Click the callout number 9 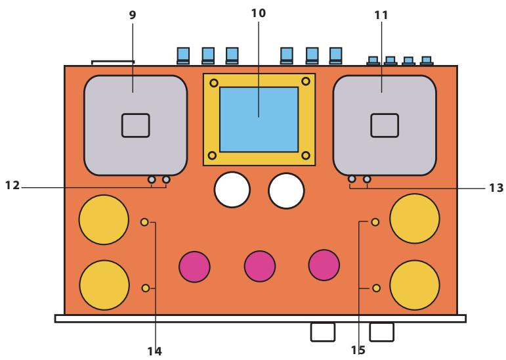pos(133,15)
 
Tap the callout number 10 pos(259,13)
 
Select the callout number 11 pos(381,15)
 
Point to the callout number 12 pos(12,185)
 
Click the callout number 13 pos(496,188)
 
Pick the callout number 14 pos(155,351)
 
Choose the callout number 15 pos(358,350)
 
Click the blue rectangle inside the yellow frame pos(259,120)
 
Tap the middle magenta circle pos(260,266)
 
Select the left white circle pos(232,190)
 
